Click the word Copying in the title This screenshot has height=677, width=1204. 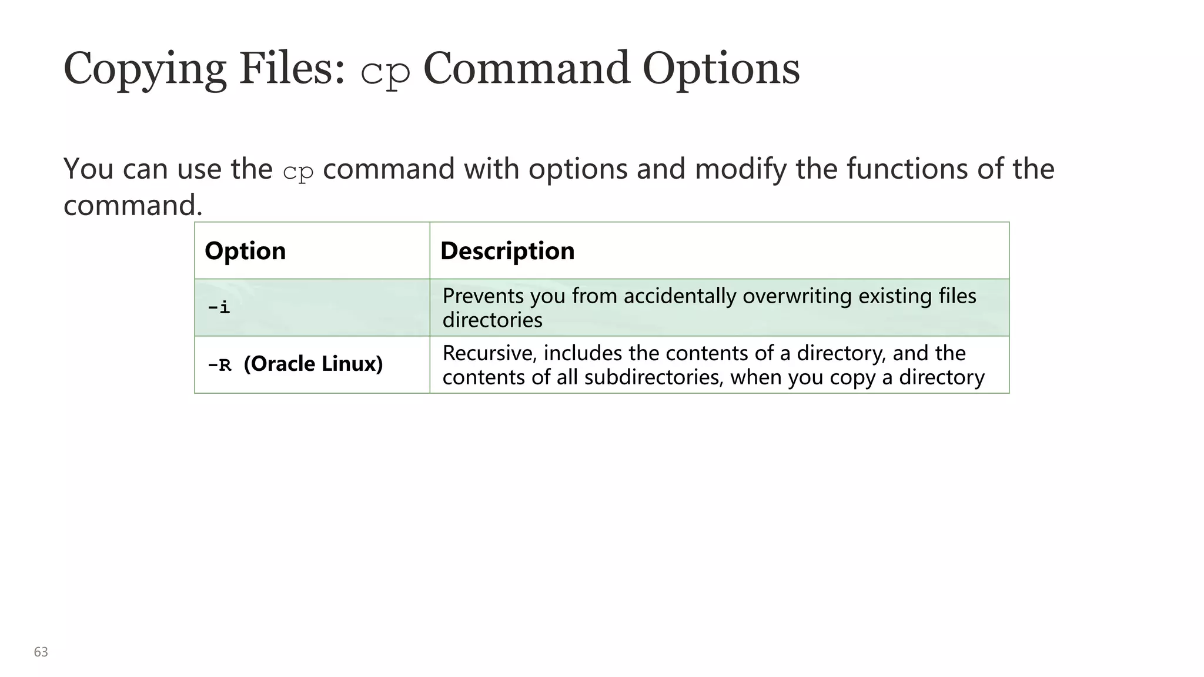pyautogui.click(x=145, y=69)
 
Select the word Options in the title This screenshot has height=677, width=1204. pyautogui.click(x=721, y=69)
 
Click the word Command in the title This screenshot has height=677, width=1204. pyautogui.click(x=527, y=68)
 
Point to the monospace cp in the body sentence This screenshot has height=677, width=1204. pyautogui.click(x=298, y=172)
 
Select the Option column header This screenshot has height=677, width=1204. pyautogui.click(x=245, y=251)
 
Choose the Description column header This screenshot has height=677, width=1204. pyautogui.click(x=507, y=251)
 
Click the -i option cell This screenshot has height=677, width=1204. pyautogui.click(x=219, y=307)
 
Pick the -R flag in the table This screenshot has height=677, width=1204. pyautogui.click(x=220, y=365)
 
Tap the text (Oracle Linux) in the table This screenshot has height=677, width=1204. pyautogui.click(x=313, y=364)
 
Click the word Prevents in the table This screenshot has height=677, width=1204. pyautogui.click(x=483, y=296)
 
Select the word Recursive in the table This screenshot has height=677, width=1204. pyautogui.click(x=489, y=353)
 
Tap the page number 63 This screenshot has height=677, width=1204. pyautogui.click(x=41, y=652)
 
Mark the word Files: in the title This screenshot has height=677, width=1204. pyautogui.click(x=292, y=68)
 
